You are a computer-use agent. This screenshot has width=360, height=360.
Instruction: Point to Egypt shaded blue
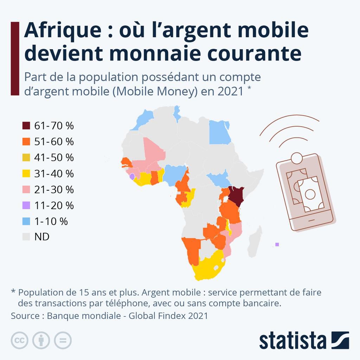pos(219,133)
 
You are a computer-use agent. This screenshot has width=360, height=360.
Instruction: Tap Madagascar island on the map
pos(255,243)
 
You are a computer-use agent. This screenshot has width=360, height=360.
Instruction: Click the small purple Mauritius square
pos(277,244)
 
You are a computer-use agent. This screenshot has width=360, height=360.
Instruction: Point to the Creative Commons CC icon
pos(20,340)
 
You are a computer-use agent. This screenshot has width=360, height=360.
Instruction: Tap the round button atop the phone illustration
pos(297,157)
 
